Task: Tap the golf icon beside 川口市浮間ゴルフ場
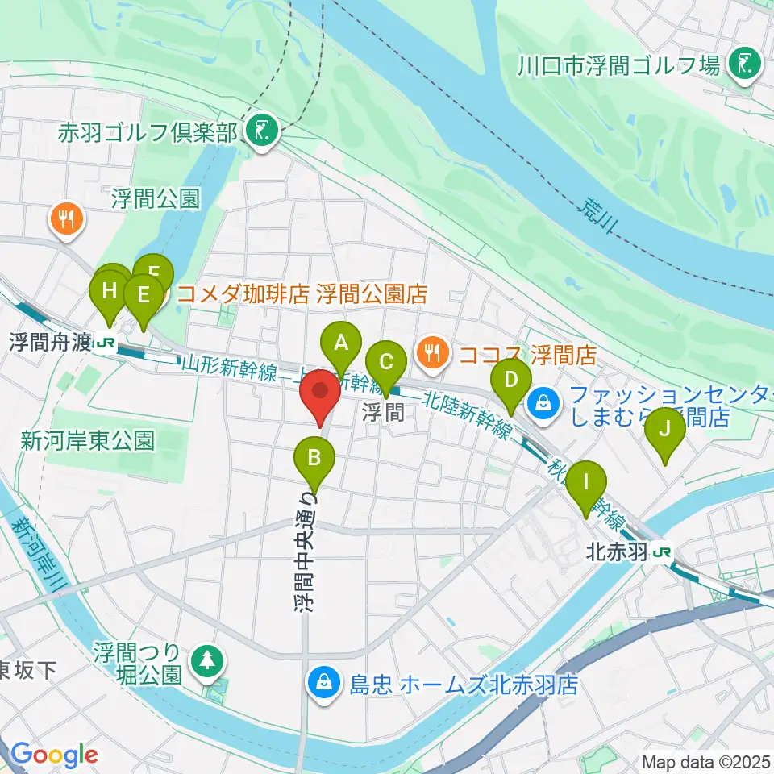742,64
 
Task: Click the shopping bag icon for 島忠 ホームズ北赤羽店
323,685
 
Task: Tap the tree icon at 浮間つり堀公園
208,660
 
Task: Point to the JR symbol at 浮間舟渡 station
104,343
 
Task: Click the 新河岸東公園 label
87,440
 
